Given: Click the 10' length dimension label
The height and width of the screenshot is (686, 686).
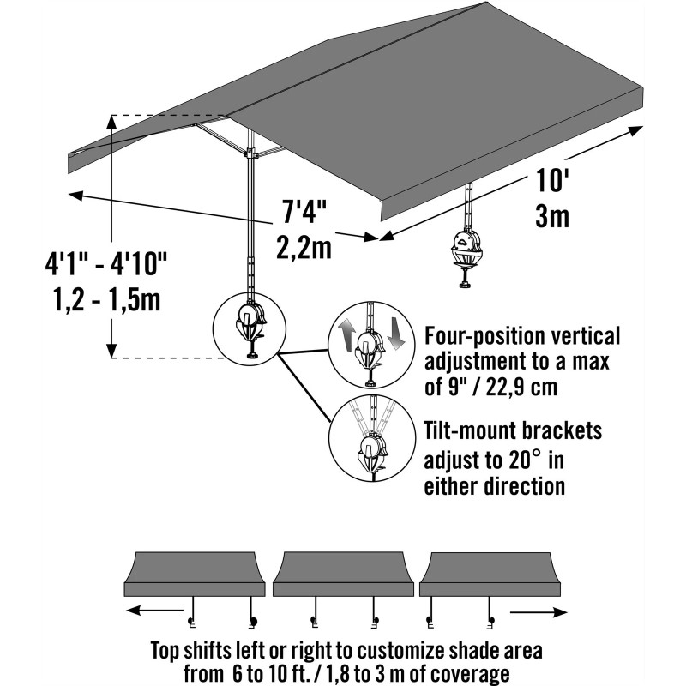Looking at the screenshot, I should click(x=553, y=181).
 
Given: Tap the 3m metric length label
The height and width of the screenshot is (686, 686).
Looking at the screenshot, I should click(x=552, y=216).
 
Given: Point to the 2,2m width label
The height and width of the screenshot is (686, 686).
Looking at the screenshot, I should click(x=304, y=247).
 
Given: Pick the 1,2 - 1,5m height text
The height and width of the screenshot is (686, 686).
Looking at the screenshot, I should click(x=105, y=300).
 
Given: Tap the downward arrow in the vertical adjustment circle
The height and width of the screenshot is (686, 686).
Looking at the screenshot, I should click(x=395, y=334).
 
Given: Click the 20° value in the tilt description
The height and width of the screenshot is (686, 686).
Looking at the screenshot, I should click(x=518, y=462).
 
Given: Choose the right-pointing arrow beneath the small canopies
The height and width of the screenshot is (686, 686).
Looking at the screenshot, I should click(x=539, y=612).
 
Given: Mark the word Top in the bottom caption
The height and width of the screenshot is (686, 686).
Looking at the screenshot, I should click(x=168, y=648).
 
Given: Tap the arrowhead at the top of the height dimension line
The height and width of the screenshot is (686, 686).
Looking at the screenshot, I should click(x=112, y=121).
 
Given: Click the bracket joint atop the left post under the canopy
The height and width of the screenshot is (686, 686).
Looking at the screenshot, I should click(x=251, y=154).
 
